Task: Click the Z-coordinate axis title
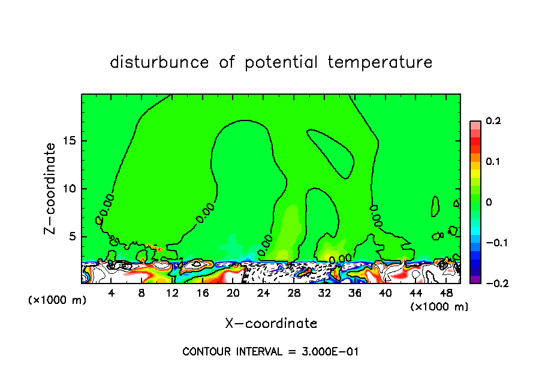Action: point(50,188)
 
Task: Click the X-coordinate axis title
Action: point(271,324)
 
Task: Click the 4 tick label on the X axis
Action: point(112,293)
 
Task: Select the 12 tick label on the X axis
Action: point(172,293)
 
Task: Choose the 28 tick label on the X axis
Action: point(294,293)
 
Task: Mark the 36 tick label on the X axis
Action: point(354,293)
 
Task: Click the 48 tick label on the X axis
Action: point(445,293)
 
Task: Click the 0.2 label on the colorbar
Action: point(493,121)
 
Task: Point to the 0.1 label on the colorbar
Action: point(493,161)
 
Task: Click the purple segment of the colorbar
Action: point(475,279)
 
